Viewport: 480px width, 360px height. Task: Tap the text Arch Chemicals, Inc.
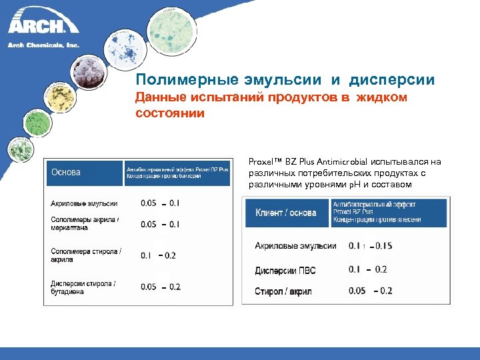point(43,45)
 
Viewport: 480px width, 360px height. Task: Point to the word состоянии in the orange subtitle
point(170,113)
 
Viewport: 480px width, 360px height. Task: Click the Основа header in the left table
point(66,172)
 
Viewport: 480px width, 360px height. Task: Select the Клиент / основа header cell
point(286,213)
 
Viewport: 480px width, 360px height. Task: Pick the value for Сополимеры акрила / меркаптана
point(159,225)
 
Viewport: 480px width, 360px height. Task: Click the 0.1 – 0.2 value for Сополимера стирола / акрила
point(158,255)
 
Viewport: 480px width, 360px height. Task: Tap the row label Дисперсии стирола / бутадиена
point(83,288)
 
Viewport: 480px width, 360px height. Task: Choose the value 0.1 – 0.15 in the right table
point(370,246)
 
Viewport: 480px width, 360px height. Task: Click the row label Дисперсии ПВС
point(285,271)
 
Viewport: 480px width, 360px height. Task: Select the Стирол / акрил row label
point(283,291)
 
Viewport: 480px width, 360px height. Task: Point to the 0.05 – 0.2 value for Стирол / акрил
point(370,291)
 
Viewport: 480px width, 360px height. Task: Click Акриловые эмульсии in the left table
point(84,203)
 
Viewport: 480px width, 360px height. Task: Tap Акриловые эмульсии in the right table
point(295,246)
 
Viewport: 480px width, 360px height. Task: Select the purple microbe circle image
point(86,71)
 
